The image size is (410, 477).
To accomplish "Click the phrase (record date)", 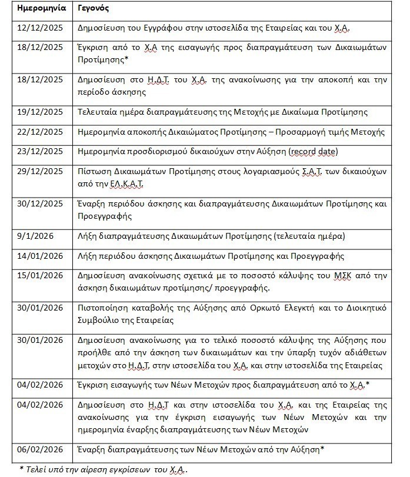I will pos(313,151).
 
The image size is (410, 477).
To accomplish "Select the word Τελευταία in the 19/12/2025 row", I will pos(98,112).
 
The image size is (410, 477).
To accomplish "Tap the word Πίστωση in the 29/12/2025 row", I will pos(94,171).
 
